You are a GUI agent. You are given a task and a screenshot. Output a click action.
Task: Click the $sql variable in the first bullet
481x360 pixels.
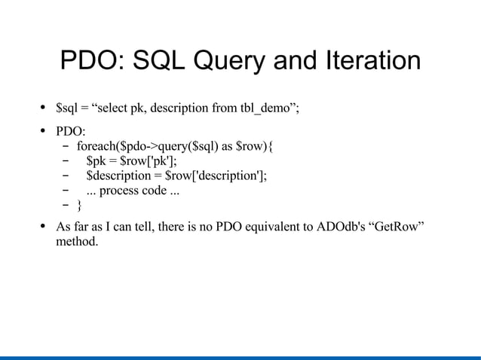pyautogui.click(x=69, y=107)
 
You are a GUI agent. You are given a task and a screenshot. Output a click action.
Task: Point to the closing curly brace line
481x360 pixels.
pyautogui.click(x=81, y=205)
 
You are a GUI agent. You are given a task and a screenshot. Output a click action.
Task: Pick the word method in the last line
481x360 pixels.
pyautogui.click(x=77, y=243)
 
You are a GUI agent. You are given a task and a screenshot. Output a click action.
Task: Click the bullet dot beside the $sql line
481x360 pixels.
pyautogui.click(x=44, y=107)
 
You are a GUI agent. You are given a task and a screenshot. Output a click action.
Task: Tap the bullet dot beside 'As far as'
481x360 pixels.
pyautogui.click(x=44, y=227)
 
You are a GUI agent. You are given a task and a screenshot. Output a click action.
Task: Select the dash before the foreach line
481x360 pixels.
pyautogui.click(x=66, y=145)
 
